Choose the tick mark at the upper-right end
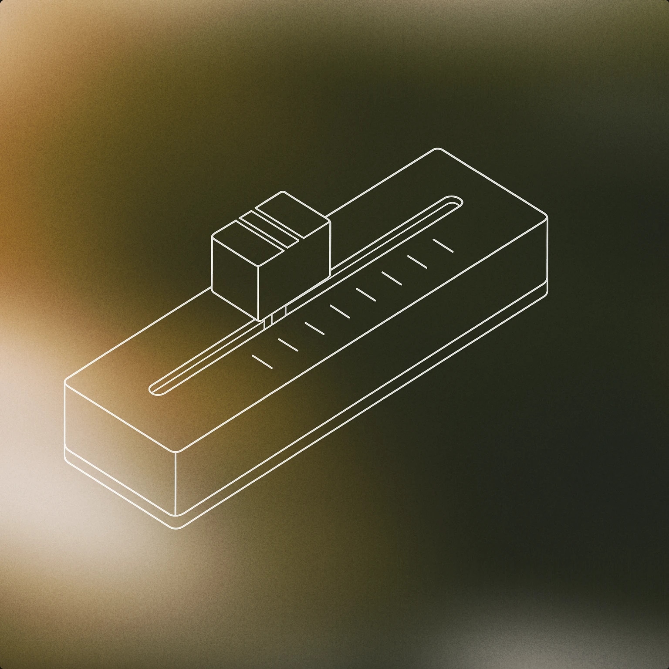pyautogui.click(x=443, y=245)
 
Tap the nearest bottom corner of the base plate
pyautogui.click(x=176, y=528)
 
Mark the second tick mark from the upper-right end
pyautogui.click(x=417, y=261)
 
